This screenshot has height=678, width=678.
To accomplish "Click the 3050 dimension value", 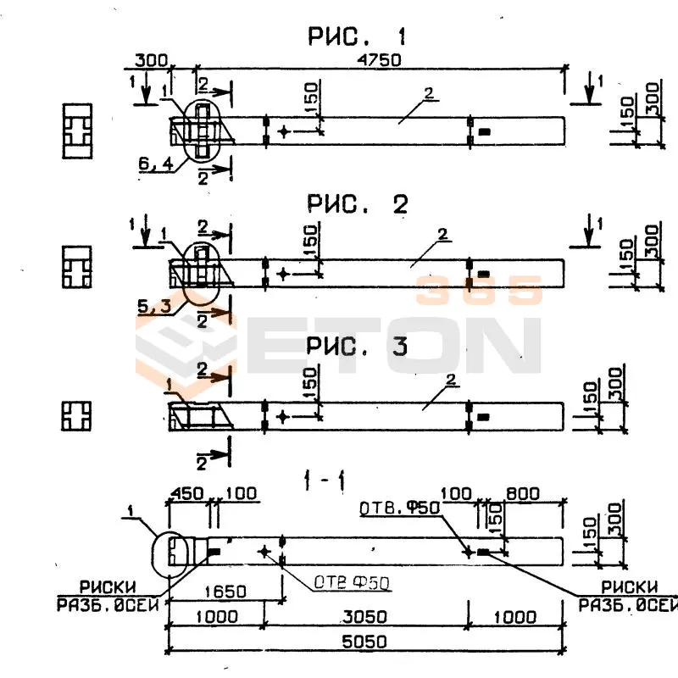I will point(367,616).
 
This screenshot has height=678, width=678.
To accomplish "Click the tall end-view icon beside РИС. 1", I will point(76,131).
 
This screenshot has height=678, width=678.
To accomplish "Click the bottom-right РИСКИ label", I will point(630,586).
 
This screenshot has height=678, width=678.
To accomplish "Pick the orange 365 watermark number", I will point(480,291).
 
